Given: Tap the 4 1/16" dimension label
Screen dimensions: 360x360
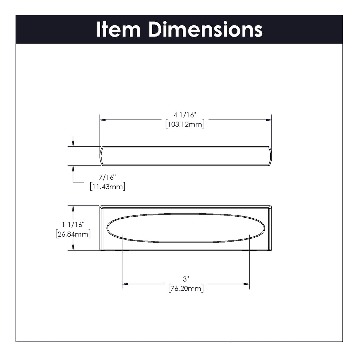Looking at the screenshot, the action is [x=185, y=115].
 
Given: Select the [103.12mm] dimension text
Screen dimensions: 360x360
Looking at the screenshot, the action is [x=185, y=124].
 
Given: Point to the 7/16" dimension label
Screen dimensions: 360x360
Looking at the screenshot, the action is [x=107, y=177].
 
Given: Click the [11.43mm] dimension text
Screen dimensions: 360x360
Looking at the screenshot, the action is [x=108, y=186].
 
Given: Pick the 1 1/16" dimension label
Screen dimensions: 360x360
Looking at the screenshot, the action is [x=73, y=225].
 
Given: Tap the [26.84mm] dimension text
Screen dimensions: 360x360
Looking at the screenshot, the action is [x=73, y=234].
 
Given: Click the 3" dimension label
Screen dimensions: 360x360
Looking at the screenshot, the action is [x=186, y=279].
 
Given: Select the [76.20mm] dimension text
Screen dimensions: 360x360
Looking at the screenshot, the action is [x=186, y=288].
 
